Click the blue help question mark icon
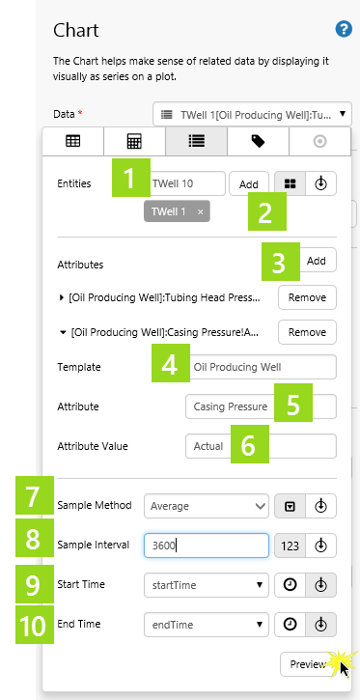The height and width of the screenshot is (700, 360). [344, 30]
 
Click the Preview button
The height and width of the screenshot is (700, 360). [308, 664]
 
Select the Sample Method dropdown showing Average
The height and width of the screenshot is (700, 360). [207, 506]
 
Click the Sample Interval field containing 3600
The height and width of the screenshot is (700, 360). [207, 546]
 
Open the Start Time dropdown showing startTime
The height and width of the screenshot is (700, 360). [207, 585]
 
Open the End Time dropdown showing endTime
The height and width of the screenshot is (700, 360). [207, 624]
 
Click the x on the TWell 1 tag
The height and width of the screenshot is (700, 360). [201, 212]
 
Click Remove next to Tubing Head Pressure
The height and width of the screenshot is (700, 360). [307, 297]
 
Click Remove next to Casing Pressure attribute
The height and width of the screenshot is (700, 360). [307, 332]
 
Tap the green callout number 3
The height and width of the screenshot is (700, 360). [281, 262]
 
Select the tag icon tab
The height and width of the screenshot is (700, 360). [259, 142]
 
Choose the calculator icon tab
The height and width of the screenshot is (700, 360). [135, 142]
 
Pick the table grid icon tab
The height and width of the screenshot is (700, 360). [73, 142]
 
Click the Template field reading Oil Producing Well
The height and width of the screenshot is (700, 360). [261, 367]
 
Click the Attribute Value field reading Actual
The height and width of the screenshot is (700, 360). [261, 446]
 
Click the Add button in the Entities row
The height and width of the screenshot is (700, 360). [249, 183]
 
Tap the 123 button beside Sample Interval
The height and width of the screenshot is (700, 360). [290, 546]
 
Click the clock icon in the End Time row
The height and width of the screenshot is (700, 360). [290, 624]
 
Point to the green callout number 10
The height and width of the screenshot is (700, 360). [35, 624]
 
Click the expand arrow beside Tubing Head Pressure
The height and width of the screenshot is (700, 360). [62, 297]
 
